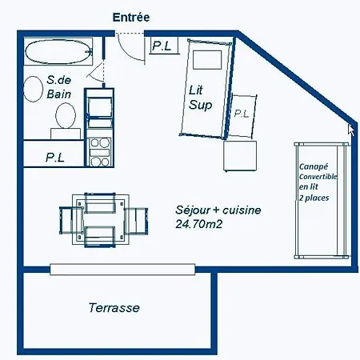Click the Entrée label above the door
tap(131, 18)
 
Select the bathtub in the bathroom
tap(58, 52)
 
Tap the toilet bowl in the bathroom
tap(66, 116)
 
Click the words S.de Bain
tap(59, 87)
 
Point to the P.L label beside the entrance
tap(162, 46)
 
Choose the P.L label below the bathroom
tap(55, 158)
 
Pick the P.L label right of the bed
tap(242, 114)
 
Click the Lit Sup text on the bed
tap(200, 98)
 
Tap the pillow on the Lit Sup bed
tap(207, 60)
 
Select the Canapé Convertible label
tap(318, 171)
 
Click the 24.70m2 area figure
tap(199, 224)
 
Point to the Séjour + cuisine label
tap(218, 210)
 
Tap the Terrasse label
tap(114, 308)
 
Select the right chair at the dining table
tap(136, 221)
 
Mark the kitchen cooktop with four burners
tap(100, 152)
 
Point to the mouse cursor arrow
tap(351, 130)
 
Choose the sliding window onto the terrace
tap(122, 270)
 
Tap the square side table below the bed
tap(240, 156)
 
